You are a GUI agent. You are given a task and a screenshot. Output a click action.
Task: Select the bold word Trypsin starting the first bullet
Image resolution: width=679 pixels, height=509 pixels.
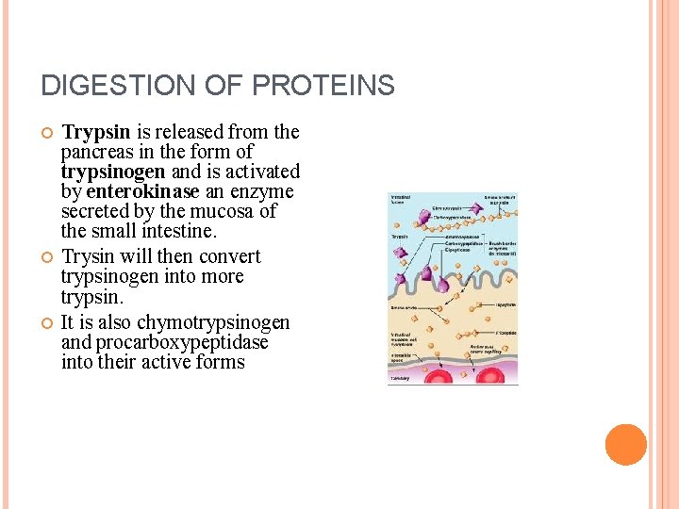[x=95, y=131]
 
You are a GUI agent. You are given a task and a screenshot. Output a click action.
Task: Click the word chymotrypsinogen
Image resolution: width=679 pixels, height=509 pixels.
[x=214, y=322]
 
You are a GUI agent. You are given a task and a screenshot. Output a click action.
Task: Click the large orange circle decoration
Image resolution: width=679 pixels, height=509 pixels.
[x=625, y=445]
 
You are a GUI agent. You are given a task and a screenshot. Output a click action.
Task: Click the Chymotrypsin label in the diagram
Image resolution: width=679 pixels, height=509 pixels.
[x=448, y=207]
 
